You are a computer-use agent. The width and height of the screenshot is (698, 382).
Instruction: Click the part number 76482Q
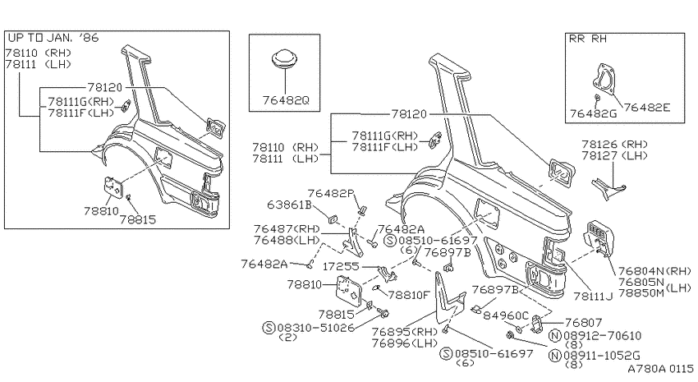click(x=285, y=100)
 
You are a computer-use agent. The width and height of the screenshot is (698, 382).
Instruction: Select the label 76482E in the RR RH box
click(x=646, y=108)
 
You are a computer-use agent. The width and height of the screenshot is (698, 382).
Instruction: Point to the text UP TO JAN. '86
click(x=53, y=38)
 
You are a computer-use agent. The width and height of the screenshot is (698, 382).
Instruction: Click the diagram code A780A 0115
click(x=660, y=369)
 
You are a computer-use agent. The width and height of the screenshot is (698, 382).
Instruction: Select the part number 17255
click(x=341, y=266)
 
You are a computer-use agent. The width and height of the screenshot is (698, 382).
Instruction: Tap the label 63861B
click(x=289, y=205)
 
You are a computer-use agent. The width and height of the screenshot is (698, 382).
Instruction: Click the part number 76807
click(x=584, y=322)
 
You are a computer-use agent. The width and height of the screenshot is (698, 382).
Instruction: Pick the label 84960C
click(x=506, y=315)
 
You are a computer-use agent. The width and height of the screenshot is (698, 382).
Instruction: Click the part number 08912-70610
click(x=602, y=336)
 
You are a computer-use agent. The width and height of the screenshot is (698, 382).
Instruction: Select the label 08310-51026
click(x=316, y=328)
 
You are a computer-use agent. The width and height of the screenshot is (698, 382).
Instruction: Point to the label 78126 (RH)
click(x=615, y=145)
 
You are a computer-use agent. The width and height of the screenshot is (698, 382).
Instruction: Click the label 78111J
click(x=593, y=296)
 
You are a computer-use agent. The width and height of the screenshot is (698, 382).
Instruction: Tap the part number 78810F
click(x=409, y=295)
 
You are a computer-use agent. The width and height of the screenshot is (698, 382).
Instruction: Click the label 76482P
click(x=331, y=193)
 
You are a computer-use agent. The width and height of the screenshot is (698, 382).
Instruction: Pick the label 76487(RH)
click(x=287, y=229)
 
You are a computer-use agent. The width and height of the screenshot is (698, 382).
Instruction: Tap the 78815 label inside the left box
click(x=138, y=219)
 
